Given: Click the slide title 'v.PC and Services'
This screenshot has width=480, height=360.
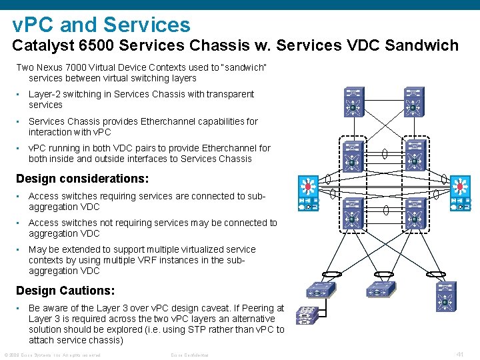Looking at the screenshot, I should pos(101,25).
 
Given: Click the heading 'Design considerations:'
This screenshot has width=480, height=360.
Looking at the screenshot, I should pos(82,179).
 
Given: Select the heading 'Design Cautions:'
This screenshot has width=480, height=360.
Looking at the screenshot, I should pos(65,291).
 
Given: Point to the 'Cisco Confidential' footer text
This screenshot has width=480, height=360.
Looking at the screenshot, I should pos(190,355).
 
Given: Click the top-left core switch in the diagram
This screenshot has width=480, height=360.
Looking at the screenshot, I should pos(353,102).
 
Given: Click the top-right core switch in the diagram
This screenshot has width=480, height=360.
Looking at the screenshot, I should pos(413,102).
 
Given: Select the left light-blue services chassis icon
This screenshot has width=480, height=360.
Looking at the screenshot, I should pos(308,193).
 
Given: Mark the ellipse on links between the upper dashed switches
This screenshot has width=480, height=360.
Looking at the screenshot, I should pos(384,155).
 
